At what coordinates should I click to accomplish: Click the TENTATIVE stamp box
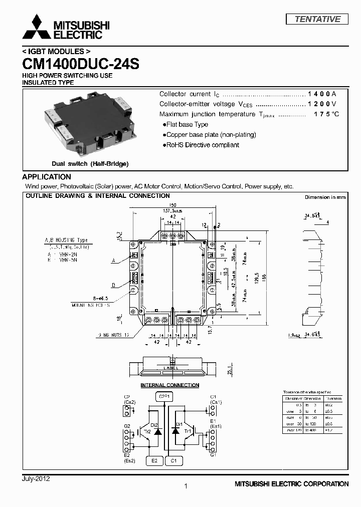317,19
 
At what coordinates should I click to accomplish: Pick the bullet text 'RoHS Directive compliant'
203,145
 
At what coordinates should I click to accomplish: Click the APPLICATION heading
47,177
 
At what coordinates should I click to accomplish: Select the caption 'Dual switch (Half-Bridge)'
90,164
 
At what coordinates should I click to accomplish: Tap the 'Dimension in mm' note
325,197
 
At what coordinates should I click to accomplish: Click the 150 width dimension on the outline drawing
172,205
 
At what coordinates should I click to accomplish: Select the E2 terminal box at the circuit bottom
154,460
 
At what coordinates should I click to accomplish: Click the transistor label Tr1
189,431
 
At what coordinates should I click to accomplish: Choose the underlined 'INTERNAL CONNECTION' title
169,385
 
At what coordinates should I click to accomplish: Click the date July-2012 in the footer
36,479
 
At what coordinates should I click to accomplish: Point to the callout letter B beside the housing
113,285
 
